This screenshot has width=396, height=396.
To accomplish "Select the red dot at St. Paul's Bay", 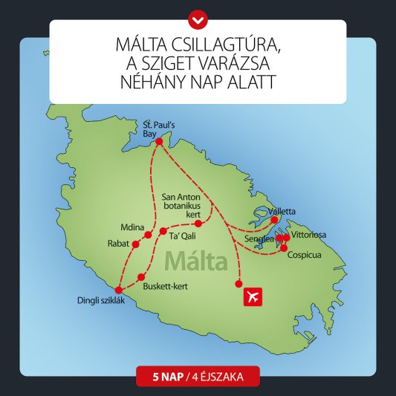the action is (157, 141).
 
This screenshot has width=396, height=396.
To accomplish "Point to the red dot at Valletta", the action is (274, 220).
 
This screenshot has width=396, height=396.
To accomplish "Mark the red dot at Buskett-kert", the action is (141, 277).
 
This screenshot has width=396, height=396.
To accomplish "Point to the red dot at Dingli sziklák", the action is (118, 290).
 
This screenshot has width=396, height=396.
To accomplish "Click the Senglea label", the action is (259, 239).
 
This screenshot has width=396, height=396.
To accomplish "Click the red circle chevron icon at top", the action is (198, 15).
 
